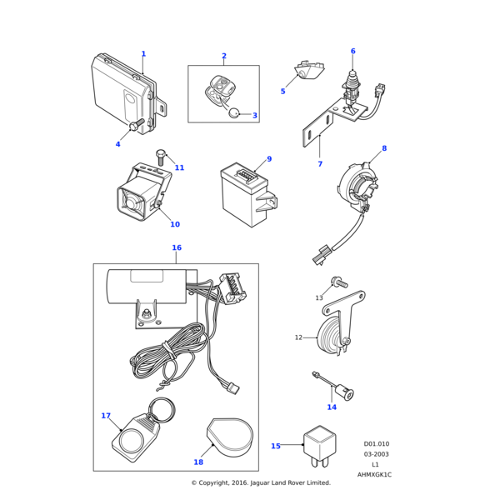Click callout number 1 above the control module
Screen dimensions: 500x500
point(143,54)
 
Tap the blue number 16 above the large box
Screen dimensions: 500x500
point(177,247)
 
